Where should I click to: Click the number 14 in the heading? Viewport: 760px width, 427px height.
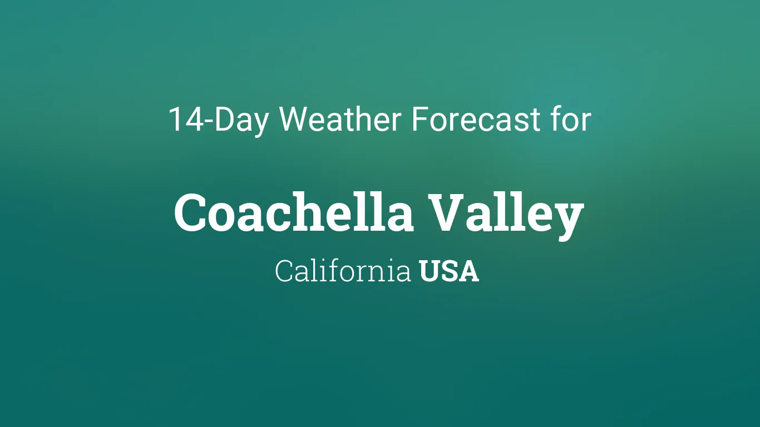(186, 119)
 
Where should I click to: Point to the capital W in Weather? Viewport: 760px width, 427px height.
(294, 119)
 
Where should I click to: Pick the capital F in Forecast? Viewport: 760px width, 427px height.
(420, 119)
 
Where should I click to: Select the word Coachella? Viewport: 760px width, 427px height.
(293, 212)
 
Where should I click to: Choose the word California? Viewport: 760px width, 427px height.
(343, 270)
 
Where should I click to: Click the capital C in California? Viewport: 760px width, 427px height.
(284, 271)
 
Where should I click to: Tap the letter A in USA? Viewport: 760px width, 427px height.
(468, 271)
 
